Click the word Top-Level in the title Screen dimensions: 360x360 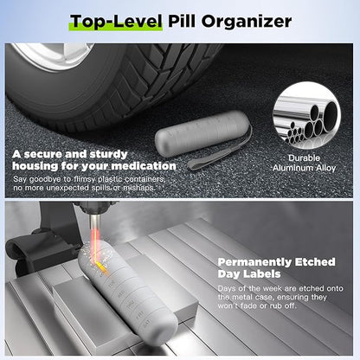[x=113, y=21]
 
